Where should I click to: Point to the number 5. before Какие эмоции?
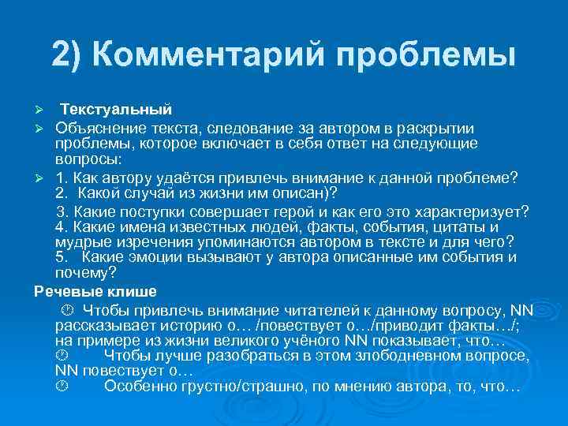62,257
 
